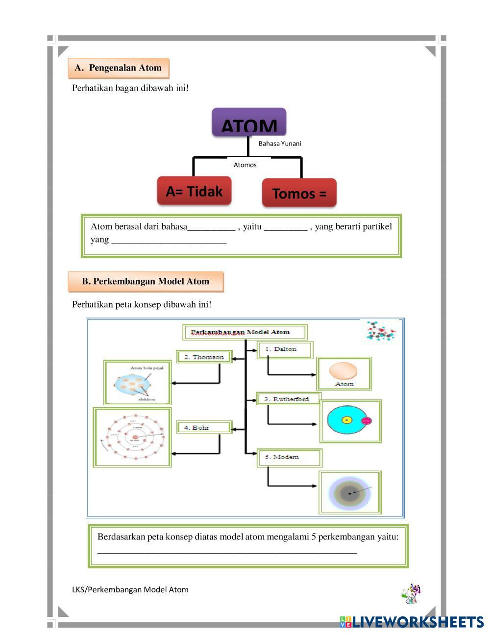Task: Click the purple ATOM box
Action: pyautogui.click(x=249, y=122)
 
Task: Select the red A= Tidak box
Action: pyautogui.click(x=194, y=191)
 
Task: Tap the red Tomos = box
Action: pyautogui.click(x=299, y=193)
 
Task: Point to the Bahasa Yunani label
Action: pyautogui.click(x=280, y=144)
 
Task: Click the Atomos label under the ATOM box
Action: pyautogui.click(x=245, y=165)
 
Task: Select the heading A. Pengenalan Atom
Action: pyautogui.click(x=118, y=68)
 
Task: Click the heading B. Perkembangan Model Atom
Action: pyautogui.click(x=146, y=281)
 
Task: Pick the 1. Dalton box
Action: pyautogui.click(x=285, y=349)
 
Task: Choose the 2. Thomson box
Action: pyautogui.click(x=204, y=357)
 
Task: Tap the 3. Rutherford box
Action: pyautogui.click(x=289, y=399)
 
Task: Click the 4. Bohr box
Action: pyautogui.click(x=203, y=427)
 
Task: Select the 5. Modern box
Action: pyautogui.click(x=289, y=457)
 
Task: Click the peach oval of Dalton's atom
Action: pyautogui.click(x=343, y=370)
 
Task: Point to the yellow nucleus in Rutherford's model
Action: pyautogui.click(x=347, y=420)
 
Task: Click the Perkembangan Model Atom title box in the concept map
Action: pyautogui.click(x=245, y=332)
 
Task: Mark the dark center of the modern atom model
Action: pyautogui.click(x=349, y=493)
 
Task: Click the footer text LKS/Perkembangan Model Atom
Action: pyautogui.click(x=130, y=589)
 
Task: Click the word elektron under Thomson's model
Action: pyautogui.click(x=147, y=399)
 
